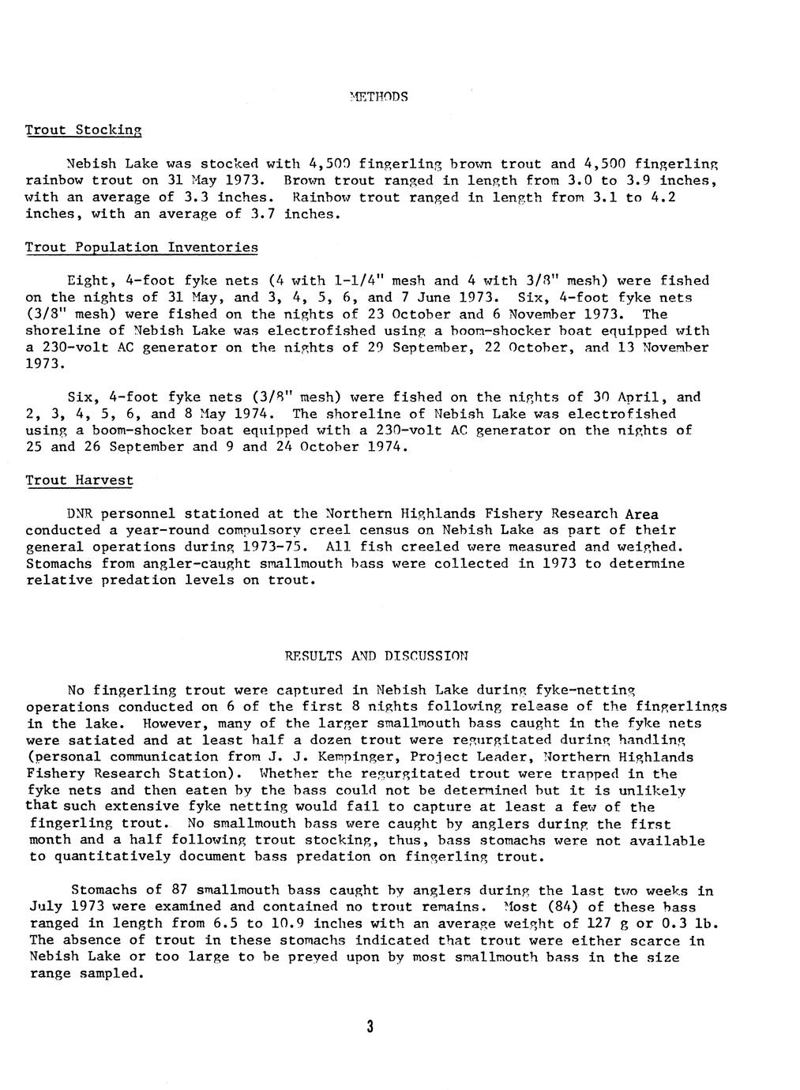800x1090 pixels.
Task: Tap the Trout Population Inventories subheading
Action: [141, 247]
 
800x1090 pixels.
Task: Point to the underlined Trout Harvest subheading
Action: [79, 480]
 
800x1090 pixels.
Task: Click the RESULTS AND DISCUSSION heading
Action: [376, 656]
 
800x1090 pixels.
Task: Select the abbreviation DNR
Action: [82, 514]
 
